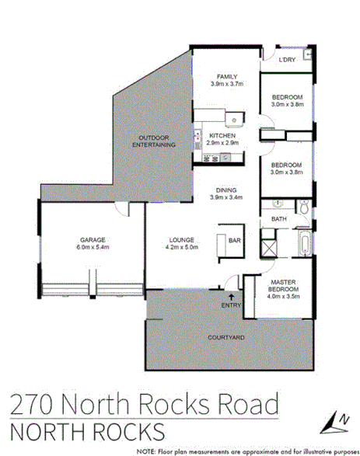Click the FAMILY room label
[x=225, y=76]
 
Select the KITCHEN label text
[x=222, y=135]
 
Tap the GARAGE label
[x=91, y=239]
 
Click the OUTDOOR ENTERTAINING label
[x=152, y=141]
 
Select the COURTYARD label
[x=226, y=338]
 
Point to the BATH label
[x=279, y=220]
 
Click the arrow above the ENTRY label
[x=230, y=296]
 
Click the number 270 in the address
[x=30, y=404]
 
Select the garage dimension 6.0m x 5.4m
[x=91, y=248]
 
